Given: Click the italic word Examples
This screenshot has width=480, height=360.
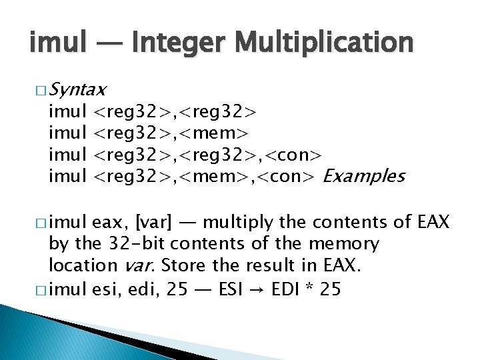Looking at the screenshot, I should click(x=363, y=176).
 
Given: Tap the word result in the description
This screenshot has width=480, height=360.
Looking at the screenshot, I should click(x=261, y=265).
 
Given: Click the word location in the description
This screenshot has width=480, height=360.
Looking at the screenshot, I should click(x=82, y=265).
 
